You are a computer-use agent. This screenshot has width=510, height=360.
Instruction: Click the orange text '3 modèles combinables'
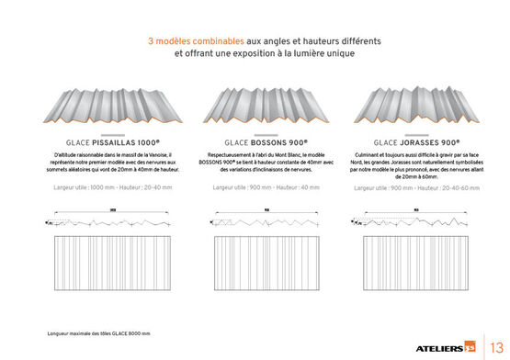[194, 41]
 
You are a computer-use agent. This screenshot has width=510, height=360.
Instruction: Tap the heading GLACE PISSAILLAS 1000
[112, 143]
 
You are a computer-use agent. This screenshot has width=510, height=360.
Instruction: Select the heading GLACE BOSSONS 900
[254, 143]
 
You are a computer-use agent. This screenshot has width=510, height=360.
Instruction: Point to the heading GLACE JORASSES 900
[397, 143]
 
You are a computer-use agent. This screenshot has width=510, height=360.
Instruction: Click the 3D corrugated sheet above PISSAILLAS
[112, 107]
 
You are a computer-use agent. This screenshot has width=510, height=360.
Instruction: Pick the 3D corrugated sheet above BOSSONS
[254, 107]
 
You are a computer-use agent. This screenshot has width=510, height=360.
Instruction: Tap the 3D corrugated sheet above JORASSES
[397, 107]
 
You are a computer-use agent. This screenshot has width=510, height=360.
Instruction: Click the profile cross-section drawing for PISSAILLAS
[112, 221]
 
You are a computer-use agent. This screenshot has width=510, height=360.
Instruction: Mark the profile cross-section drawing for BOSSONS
[254, 221]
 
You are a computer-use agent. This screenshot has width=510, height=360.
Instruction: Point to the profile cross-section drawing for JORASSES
[397, 221]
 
